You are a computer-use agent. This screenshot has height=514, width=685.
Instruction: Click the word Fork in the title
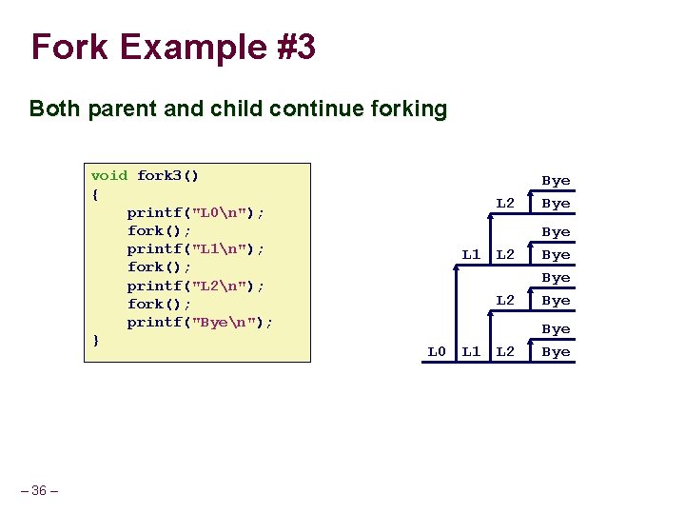pos(69,47)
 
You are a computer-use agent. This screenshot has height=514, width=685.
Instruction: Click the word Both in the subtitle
pos(55,109)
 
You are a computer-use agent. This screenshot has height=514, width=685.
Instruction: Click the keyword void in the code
pos(109,175)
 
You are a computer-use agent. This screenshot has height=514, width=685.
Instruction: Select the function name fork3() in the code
pos(168,175)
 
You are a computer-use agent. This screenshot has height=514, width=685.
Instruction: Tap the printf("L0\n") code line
pos(196,212)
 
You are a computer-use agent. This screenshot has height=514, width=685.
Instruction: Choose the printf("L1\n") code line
pos(196,248)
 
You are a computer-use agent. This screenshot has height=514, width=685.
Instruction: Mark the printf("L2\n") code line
pos(196,286)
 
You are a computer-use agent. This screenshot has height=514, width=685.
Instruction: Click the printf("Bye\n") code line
pos(200,322)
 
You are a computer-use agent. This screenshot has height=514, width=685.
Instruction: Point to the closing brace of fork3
pos(94,340)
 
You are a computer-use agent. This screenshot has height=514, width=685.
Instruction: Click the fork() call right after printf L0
pos(160,230)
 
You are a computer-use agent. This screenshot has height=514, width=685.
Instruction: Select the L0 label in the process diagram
pos(437,351)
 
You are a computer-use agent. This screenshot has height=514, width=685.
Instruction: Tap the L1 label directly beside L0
pos(471,351)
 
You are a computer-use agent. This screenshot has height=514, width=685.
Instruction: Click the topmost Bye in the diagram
pos(556,181)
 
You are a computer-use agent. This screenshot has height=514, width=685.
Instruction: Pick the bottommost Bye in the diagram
pos(556,351)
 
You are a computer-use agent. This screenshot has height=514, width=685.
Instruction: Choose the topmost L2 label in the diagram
pos(505,203)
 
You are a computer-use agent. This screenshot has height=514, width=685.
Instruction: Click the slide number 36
pos(39,490)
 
